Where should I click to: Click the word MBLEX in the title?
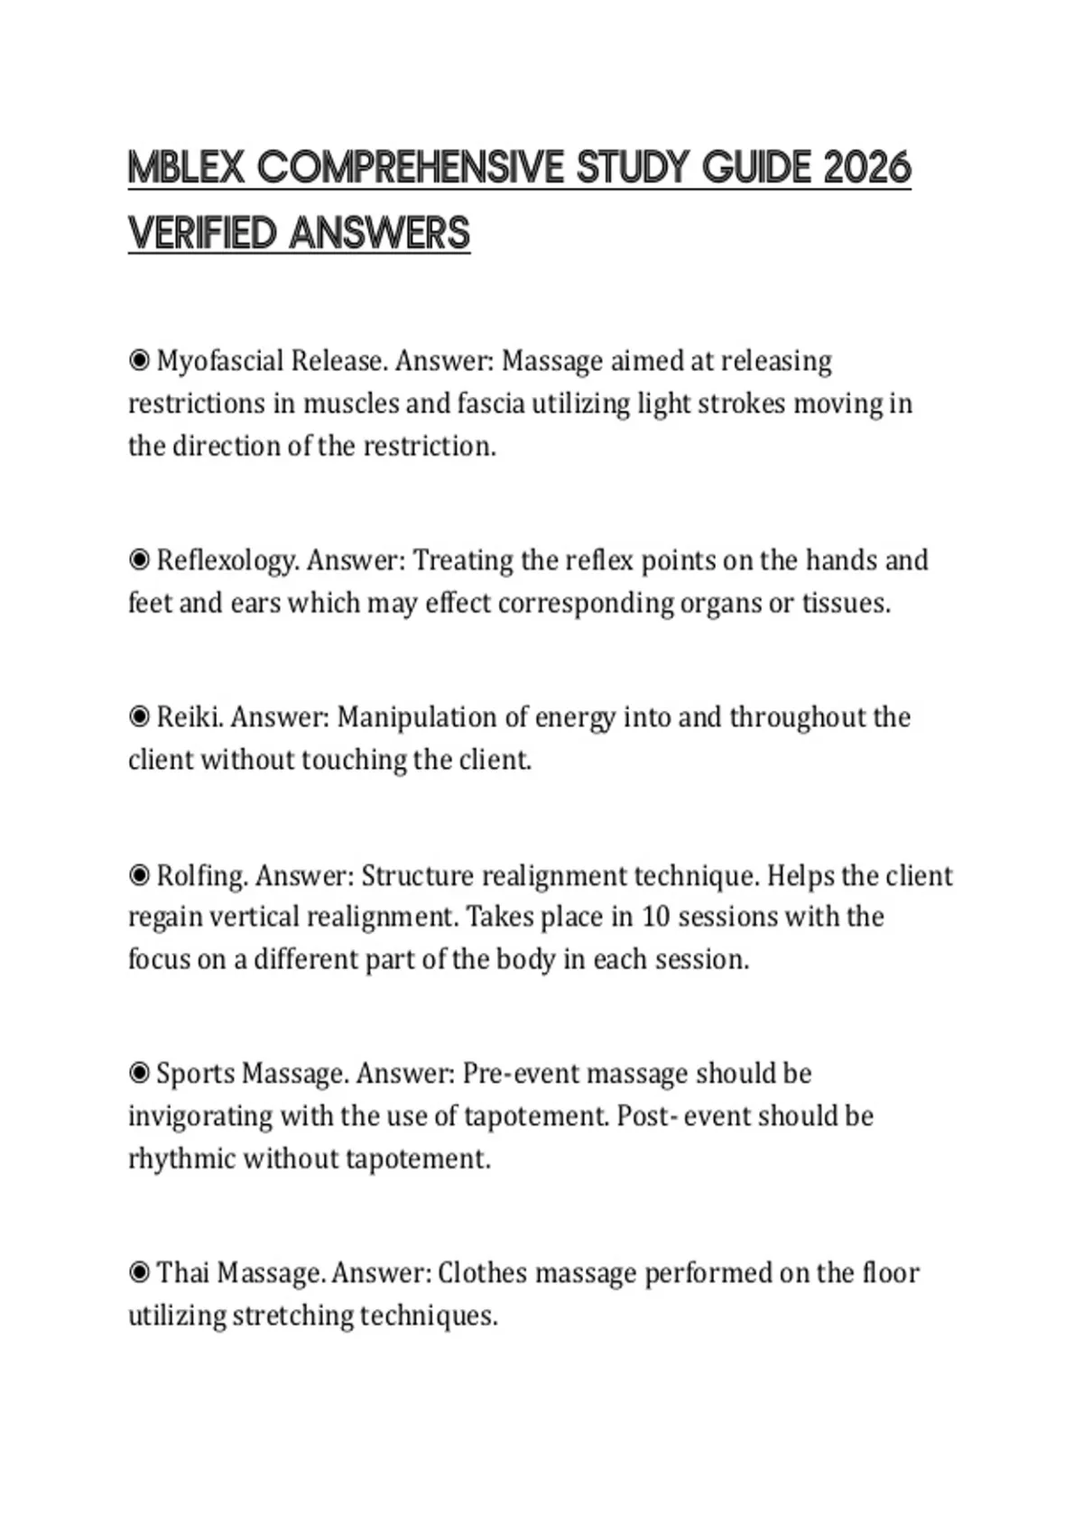[x=186, y=168]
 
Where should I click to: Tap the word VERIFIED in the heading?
[x=203, y=233]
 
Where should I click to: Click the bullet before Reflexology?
[x=139, y=560]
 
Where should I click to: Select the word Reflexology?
[x=226, y=560]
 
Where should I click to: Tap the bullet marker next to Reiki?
[x=139, y=717]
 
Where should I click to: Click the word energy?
[x=574, y=717]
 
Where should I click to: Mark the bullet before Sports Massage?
[x=139, y=1074]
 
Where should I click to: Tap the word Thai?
[x=183, y=1273]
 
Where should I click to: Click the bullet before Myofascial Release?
[x=139, y=361]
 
